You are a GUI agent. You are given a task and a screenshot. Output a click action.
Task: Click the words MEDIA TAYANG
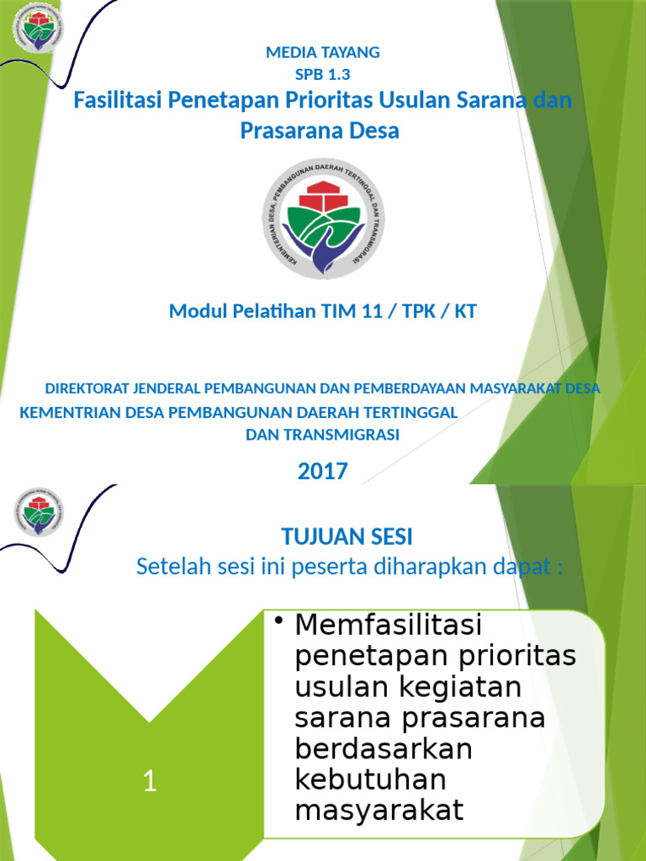click(x=323, y=52)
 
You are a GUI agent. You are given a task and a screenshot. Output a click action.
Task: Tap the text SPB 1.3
click(x=323, y=72)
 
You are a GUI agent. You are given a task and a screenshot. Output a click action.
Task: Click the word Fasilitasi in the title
click(x=118, y=101)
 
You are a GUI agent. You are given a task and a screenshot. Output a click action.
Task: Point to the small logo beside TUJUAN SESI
click(x=37, y=511)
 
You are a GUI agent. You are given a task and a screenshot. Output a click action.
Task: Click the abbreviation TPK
click(x=413, y=311)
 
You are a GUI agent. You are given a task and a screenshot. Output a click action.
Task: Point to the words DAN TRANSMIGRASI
click(x=322, y=435)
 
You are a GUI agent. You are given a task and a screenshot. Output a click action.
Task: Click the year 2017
click(x=323, y=472)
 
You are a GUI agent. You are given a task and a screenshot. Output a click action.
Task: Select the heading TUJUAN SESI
click(x=347, y=536)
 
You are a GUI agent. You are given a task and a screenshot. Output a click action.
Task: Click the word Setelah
click(x=167, y=568)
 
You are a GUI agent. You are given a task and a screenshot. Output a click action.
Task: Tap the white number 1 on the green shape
click(x=150, y=782)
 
